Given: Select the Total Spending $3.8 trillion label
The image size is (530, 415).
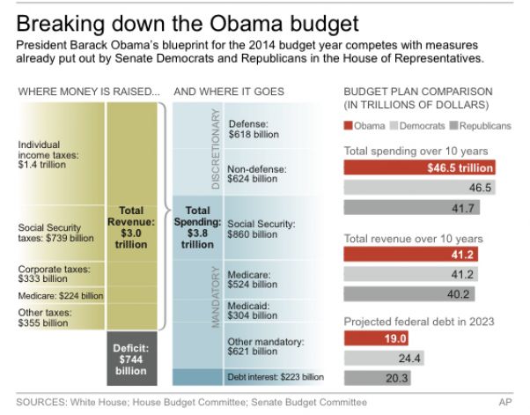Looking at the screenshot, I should (x=198, y=226).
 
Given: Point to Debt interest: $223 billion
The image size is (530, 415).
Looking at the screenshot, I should (x=276, y=377).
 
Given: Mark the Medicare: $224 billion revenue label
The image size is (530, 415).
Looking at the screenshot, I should (x=59, y=296).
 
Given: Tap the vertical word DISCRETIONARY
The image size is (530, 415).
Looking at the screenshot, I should (x=214, y=149).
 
